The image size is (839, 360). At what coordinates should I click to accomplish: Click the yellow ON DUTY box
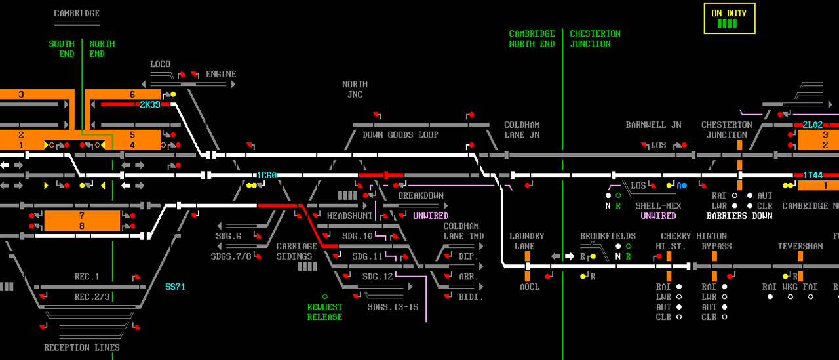(x=729, y=18)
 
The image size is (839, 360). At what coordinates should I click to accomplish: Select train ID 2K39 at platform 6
(x=149, y=104)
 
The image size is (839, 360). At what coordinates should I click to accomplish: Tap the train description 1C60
(x=266, y=176)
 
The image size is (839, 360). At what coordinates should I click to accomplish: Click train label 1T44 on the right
(x=812, y=176)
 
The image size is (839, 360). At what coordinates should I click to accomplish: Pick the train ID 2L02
(x=812, y=125)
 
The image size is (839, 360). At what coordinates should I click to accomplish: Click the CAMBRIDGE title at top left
(x=77, y=14)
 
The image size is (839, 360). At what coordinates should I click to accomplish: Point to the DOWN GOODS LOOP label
(x=400, y=135)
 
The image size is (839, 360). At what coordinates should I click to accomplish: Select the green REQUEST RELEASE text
(x=324, y=312)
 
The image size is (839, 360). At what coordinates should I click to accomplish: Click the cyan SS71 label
(x=175, y=287)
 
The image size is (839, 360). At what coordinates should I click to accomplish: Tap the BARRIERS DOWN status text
(x=739, y=216)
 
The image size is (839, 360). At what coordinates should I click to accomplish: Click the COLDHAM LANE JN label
(x=522, y=130)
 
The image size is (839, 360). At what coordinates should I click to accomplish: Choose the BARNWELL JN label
(x=653, y=125)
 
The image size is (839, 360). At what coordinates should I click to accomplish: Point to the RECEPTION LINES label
(x=82, y=348)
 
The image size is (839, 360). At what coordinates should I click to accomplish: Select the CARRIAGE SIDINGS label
(x=296, y=251)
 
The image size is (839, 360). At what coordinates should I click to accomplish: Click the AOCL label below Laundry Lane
(x=529, y=287)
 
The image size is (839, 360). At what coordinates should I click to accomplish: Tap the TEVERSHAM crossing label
(x=800, y=247)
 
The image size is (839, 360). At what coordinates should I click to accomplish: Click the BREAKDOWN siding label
(x=420, y=196)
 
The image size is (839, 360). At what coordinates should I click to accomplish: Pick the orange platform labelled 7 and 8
(x=82, y=221)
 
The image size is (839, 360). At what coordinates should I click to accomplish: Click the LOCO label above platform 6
(x=160, y=64)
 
